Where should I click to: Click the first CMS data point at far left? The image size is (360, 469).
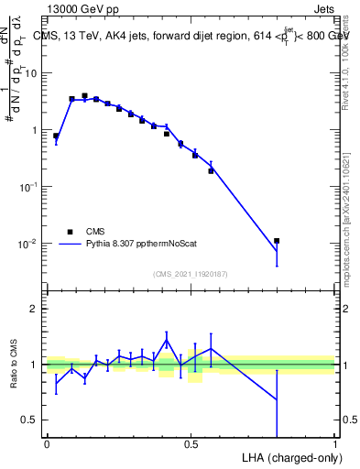point(56,136)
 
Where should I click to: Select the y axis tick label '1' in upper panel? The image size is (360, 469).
point(35,130)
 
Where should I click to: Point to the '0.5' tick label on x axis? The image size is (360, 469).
point(191,445)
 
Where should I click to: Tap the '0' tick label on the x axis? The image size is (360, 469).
point(47,445)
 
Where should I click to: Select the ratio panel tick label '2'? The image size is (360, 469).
point(35,309)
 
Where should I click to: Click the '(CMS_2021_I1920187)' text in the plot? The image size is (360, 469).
point(190,273)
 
